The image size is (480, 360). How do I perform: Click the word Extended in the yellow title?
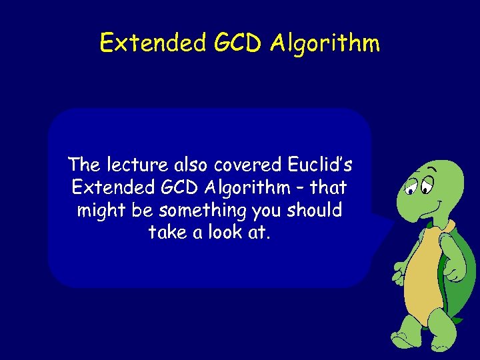[153, 43]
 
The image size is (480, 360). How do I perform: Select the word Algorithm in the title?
[325, 43]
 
